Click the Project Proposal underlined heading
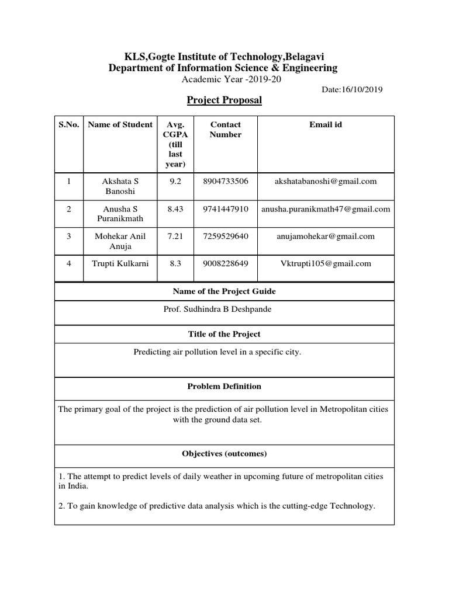(x=224, y=100)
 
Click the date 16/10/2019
(x=353, y=90)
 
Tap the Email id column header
(x=326, y=124)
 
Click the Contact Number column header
(x=225, y=130)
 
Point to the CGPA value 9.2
(x=175, y=181)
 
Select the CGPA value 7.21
(x=175, y=236)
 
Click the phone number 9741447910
(x=225, y=208)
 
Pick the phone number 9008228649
(x=225, y=263)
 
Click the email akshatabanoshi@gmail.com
(x=326, y=181)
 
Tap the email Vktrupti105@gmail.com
(x=326, y=263)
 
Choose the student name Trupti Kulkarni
(x=120, y=263)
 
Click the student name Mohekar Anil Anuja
(x=120, y=241)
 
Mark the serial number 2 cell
(x=69, y=208)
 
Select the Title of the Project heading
(x=224, y=334)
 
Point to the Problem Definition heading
(x=224, y=386)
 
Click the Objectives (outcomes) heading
(x=224, y=454)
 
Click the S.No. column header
(x=69, y=124)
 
